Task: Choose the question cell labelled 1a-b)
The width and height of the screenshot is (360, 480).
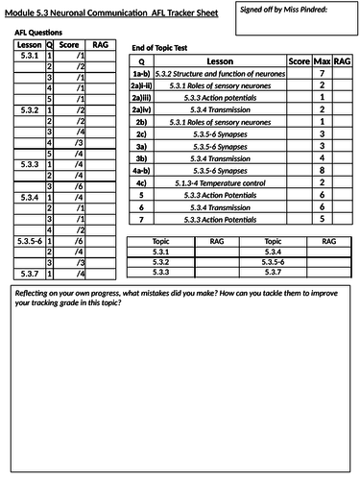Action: tap(141, 73)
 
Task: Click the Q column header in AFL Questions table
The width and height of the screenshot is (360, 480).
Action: tap(49, 44)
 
